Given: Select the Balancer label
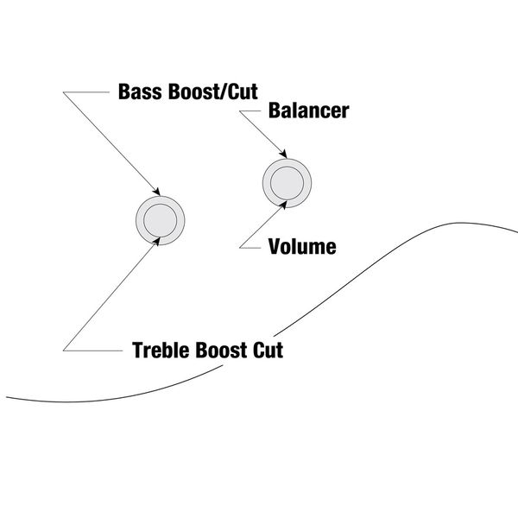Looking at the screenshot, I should point(308,111).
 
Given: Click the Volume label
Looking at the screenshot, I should point(301,247).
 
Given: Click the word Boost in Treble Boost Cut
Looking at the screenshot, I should point(225,351).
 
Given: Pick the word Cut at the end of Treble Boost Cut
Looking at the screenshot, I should point(269,351).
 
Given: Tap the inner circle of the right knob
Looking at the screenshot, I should point(286,181).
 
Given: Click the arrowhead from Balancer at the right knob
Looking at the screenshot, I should point(280,156).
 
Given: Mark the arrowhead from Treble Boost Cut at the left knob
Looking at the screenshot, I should point(157,241).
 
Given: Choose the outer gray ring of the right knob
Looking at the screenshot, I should point(268,181).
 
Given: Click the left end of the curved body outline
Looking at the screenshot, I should point(9,398).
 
